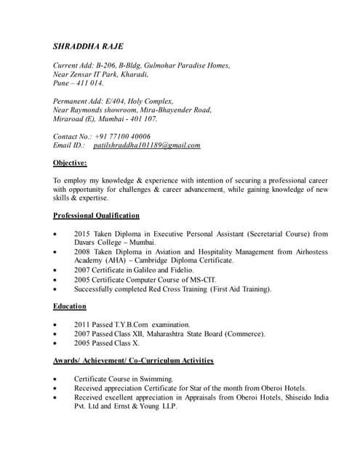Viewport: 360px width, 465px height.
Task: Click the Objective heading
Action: coord(70,163)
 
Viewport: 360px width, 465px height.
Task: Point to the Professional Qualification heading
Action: coord(96,216)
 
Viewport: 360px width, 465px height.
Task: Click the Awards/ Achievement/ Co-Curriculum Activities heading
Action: coord(133,360)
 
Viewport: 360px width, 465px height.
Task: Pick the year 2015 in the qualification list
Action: coord(81,234)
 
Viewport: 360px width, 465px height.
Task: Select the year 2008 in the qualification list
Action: coord(81,252)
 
